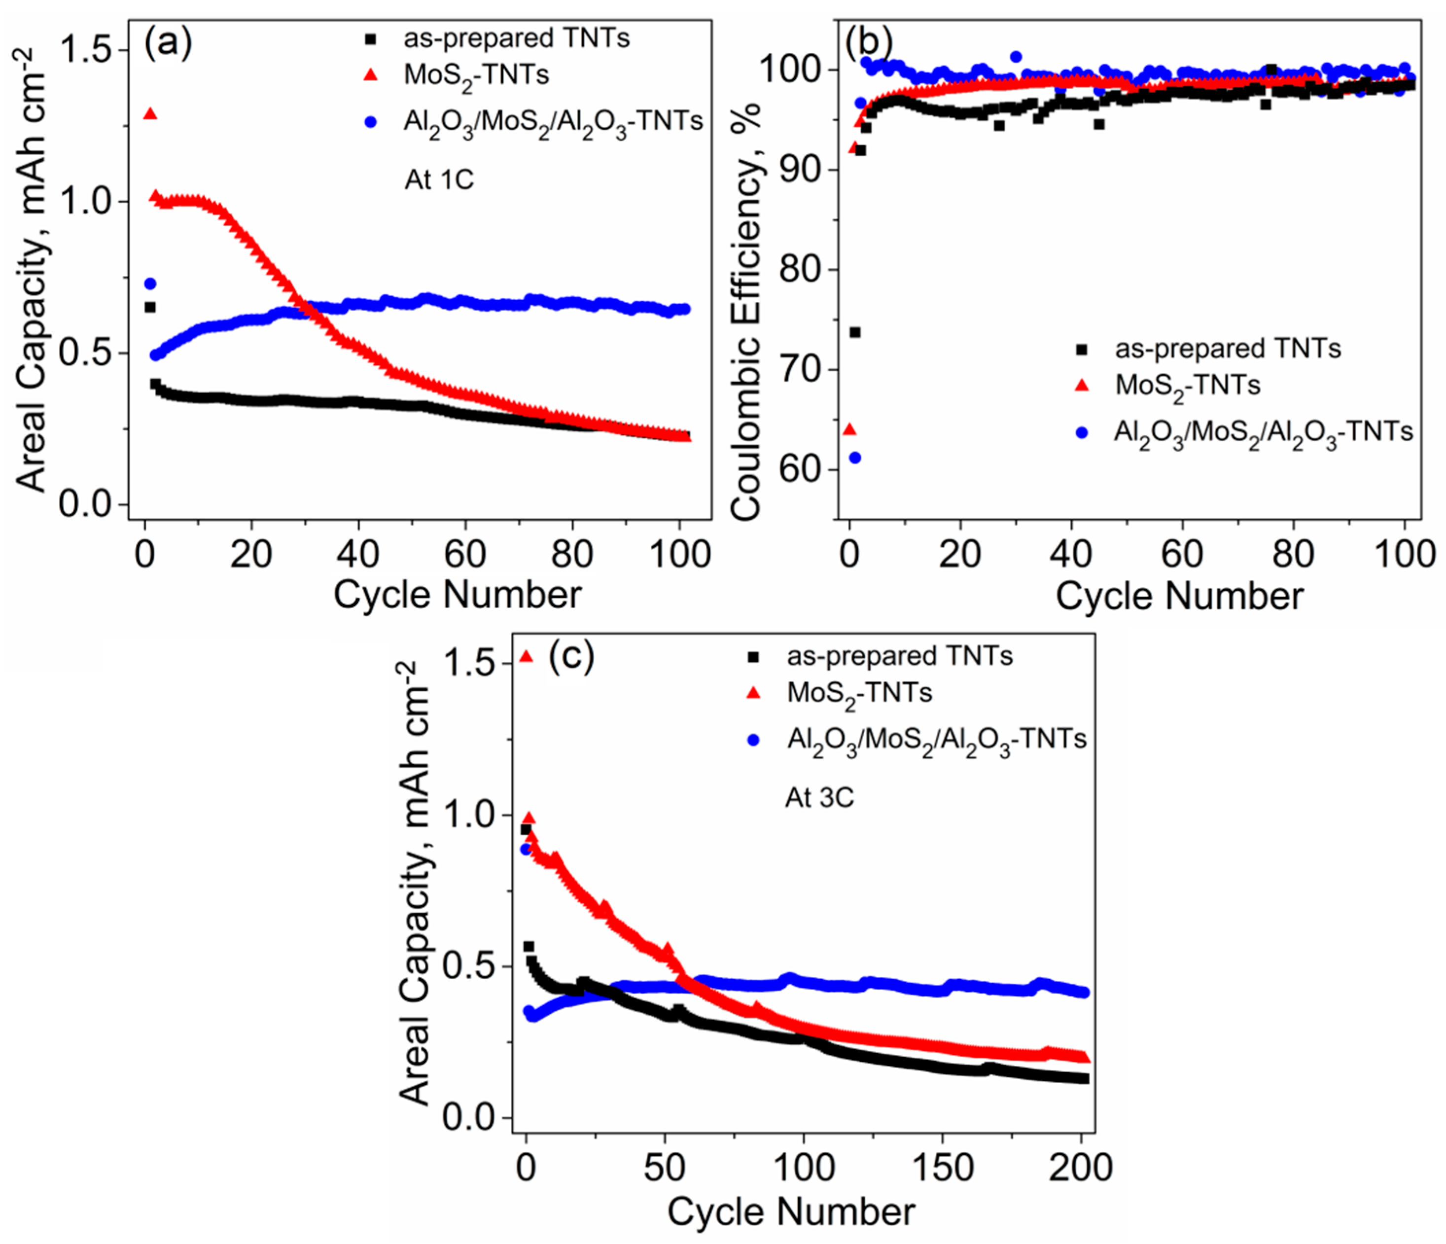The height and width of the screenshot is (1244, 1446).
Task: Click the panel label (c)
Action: tap(571, 657)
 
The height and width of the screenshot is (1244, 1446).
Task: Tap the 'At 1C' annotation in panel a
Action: tap(439, 180)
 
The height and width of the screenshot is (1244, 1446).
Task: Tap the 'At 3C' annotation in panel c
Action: tap(819, 797)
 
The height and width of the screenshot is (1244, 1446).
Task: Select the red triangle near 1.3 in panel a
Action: tap(149, 114)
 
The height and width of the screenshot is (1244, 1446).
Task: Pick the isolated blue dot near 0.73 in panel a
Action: tap(149, 284)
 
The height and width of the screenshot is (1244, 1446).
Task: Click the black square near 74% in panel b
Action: tap(855, 332)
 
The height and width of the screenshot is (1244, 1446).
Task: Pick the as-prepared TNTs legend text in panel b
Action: tap(1228, 348)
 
